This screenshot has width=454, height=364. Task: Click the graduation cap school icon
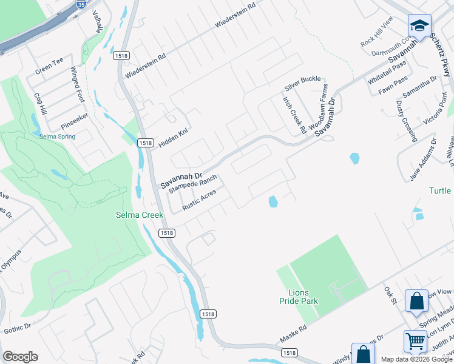pos(419,25)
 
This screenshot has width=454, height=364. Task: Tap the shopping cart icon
pos(416,341)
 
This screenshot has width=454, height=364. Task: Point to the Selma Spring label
pos(57,136)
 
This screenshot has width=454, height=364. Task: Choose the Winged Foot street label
pos(76,84)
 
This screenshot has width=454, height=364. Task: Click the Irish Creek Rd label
pos(294,115)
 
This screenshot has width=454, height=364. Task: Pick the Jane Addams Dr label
pos(423,156)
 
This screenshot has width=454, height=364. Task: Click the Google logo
pos(20,357)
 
